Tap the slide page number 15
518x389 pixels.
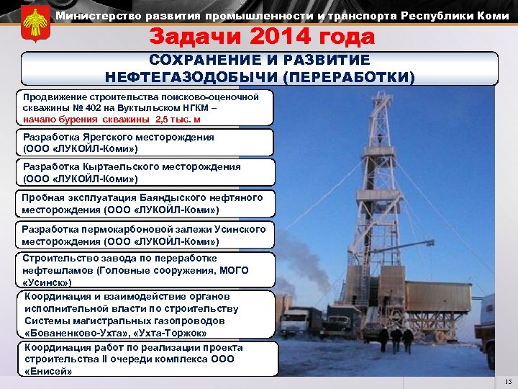pyautogui.click(x=509, y=382)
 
